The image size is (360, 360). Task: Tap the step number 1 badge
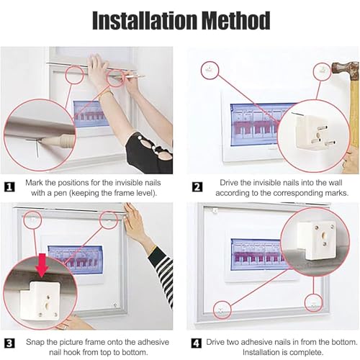click(10, 186)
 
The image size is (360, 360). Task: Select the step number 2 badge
click(197, 186)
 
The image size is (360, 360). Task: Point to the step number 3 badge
click(10, 343)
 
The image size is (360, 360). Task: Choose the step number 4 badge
click(197, 343)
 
